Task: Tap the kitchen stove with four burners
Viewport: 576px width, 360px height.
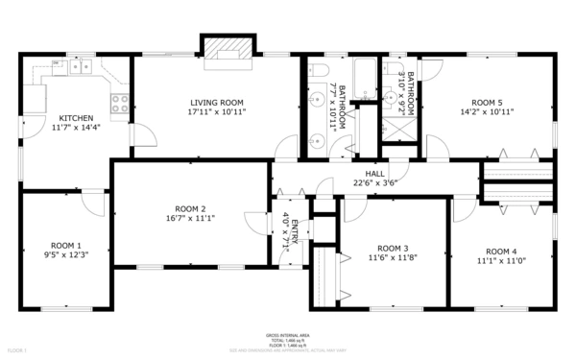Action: coord(120,103)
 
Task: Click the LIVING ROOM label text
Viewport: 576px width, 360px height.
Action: coord(217,102)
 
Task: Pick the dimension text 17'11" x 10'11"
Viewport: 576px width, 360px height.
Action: coord(217,111)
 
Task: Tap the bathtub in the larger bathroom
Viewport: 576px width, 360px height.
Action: coord(364,78)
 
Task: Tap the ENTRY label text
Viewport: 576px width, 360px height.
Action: coord(296,234)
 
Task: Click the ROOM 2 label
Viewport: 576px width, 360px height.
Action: coord(190,208)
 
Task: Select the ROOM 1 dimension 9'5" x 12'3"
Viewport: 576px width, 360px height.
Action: coord(66,254)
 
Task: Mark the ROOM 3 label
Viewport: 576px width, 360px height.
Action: coord(393,248)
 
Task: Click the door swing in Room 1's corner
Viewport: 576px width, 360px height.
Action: coord(93,204)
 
